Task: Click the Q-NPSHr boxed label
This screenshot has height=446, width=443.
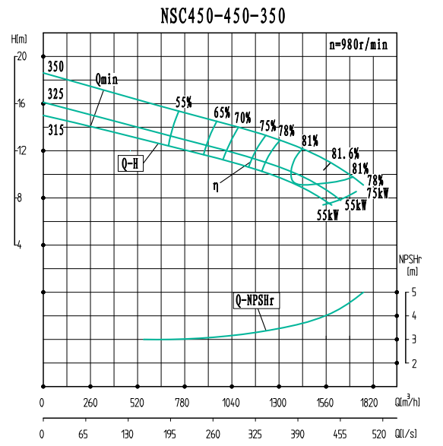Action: coord(256,301)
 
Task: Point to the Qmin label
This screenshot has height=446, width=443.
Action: coord(107,80)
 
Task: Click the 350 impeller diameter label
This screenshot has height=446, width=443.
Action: coord(55,68)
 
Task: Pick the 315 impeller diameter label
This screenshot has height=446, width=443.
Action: coord(55,130)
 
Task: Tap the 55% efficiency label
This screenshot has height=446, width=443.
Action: coord(183,102)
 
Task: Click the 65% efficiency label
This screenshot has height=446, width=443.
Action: coord(222,112)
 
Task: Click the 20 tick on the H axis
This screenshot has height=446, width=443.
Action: coord(21,56)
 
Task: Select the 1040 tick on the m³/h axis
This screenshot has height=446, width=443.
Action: coord(231,402)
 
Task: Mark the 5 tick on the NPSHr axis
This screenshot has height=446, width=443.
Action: coord(413,292)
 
